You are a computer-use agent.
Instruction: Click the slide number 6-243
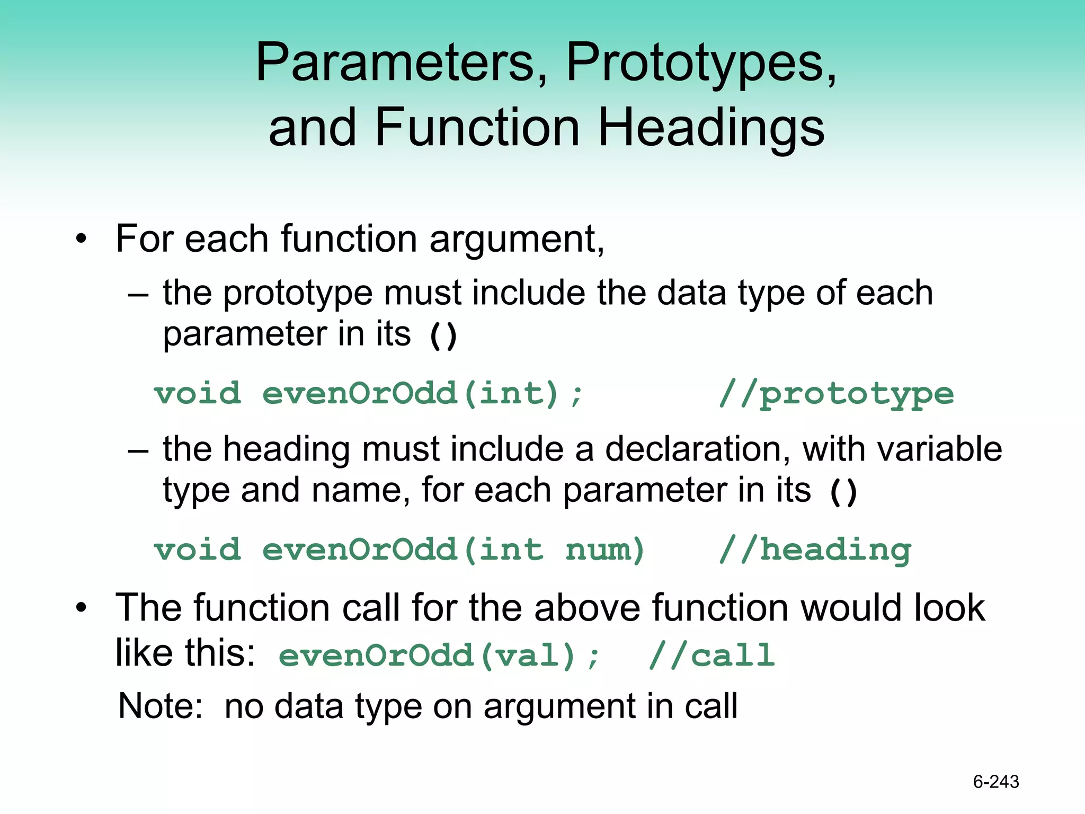pos(995,782)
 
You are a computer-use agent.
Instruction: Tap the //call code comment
pos(712,656)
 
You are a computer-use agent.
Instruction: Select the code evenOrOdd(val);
pos(439,656)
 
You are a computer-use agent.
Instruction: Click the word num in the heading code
pos(604,550)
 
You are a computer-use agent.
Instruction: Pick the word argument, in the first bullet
pos(517,239)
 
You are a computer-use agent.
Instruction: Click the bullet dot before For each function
pos(81,239)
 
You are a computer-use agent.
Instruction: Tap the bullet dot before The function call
pos(81,608)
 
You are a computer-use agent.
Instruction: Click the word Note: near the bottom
pos(161,706)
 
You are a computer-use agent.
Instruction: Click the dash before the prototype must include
pos(138,295)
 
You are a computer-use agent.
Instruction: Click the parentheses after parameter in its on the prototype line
pos(443,336)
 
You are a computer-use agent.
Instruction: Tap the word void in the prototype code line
pos(198,394)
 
